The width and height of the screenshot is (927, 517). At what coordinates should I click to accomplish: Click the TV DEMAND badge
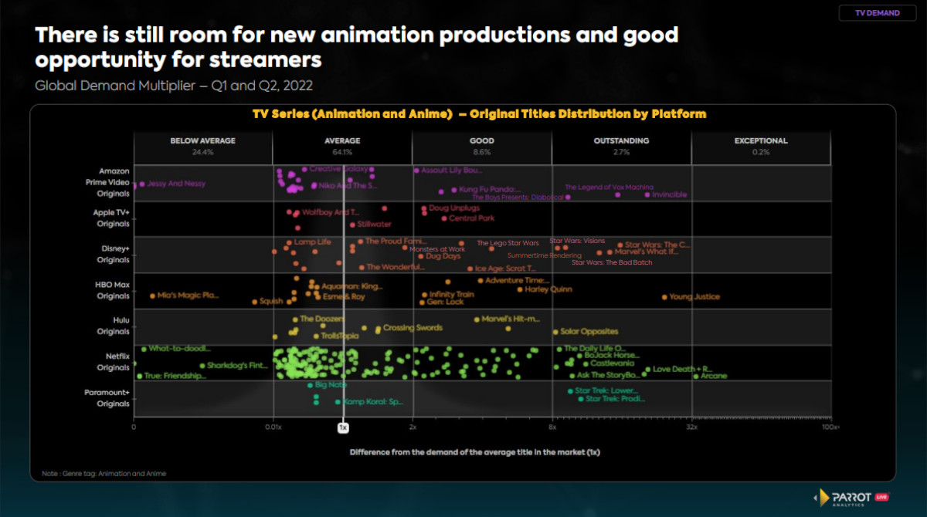tap(877, 13)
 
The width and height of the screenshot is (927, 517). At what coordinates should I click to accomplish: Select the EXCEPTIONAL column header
tap(761, 141)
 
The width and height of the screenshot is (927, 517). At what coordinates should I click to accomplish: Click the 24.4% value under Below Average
tap(202, 152)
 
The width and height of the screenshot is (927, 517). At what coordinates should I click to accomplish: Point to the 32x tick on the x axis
tap(691, 427)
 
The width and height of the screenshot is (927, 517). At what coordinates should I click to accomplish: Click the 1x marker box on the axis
tap(343, 427)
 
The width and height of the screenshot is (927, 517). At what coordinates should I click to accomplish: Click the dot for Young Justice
tap(664, 297)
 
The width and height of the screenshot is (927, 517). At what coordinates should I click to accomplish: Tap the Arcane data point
tap(695, 377)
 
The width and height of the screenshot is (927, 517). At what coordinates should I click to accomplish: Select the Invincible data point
tap(647, 195)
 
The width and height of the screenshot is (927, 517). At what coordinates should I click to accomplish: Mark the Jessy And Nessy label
tap(176, 184)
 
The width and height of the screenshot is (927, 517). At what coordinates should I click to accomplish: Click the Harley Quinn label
tap(548, 290)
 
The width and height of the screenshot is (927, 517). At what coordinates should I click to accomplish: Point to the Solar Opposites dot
tap(555, 332)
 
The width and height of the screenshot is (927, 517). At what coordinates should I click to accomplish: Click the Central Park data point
tap(444, 218)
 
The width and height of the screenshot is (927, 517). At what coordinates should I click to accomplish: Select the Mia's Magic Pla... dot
tap(153, 296)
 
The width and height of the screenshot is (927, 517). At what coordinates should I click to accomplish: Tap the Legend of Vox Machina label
tap(609, 188)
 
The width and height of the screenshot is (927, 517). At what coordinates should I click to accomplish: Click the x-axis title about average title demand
tap(474, 451)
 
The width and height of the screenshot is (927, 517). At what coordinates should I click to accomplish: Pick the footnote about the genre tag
tap(104, 474)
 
